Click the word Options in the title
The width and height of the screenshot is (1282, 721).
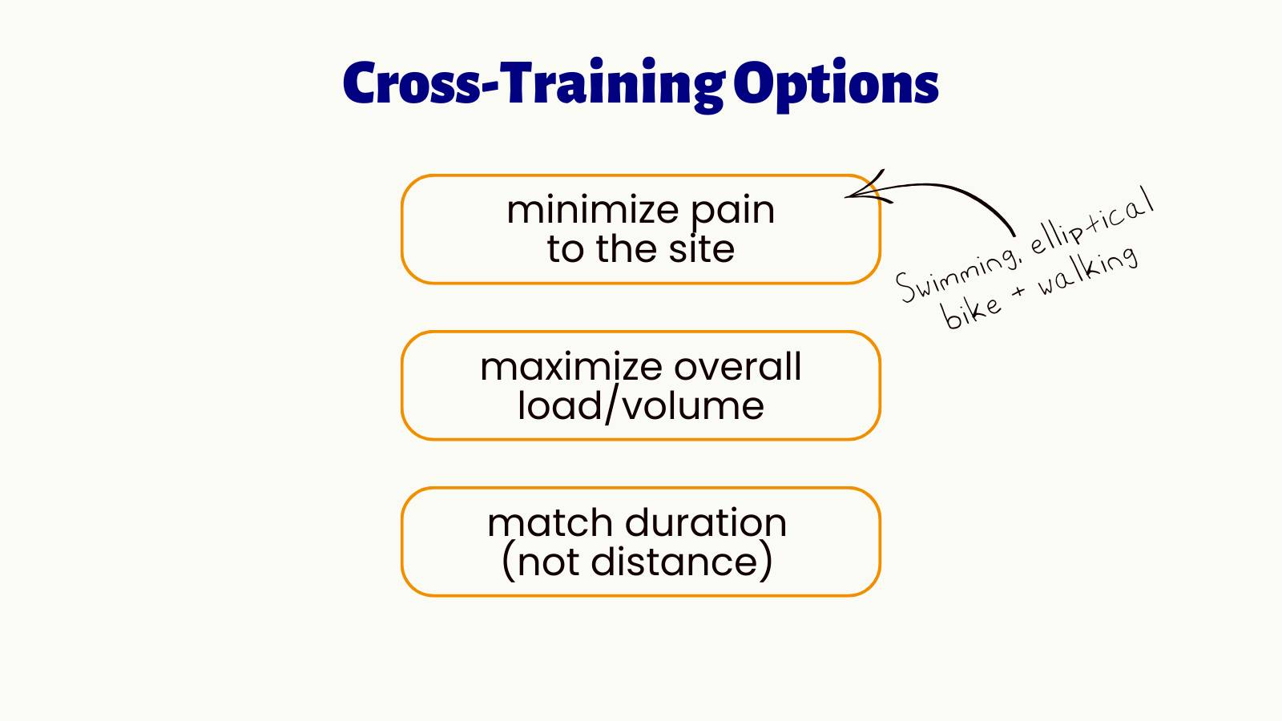837,85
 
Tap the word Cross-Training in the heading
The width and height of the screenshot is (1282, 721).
534,83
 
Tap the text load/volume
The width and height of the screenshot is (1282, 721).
640,405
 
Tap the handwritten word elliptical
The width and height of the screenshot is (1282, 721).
1091,220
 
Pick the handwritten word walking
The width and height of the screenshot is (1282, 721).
1087,270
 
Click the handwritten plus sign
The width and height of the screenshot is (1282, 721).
1018,292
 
